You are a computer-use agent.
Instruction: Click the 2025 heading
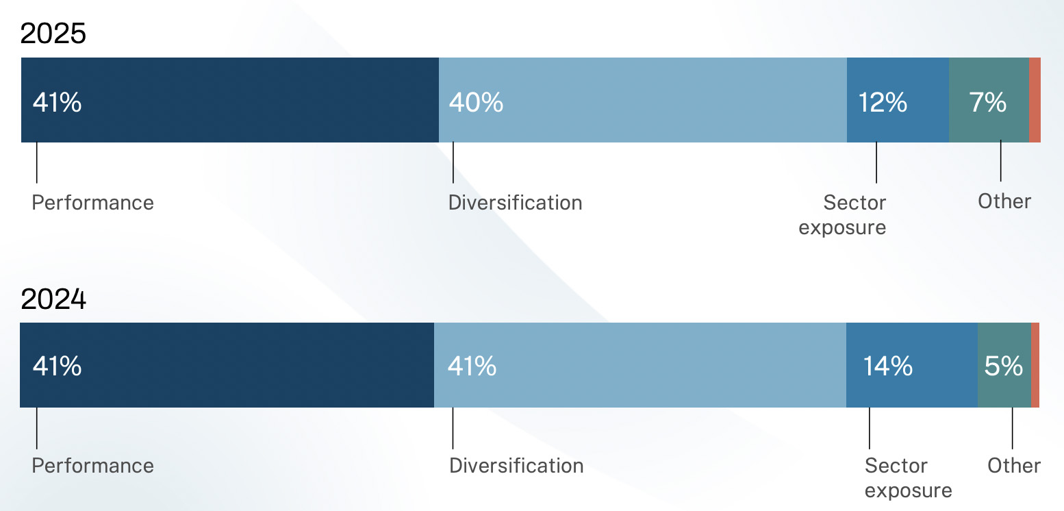coord(53,34)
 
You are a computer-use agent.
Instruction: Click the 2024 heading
coord(53,299)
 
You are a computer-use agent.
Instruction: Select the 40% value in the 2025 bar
coord(476,102)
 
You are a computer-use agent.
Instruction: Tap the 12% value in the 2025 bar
coord(883,102)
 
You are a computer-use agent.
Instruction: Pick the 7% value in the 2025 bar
coord(987,102)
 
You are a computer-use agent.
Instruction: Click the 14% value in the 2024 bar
coord(888,366)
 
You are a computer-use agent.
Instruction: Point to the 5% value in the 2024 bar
coord(1003,366)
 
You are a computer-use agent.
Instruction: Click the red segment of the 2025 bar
coord(1035,100)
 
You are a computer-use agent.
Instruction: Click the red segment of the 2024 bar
coord(1035,365)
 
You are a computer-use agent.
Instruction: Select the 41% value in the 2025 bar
coord(57,102)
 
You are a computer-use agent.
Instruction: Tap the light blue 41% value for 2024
coord(472,366)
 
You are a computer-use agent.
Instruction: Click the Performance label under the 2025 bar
coord(92,203)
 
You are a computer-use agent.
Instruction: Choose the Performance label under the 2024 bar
coord(92,466)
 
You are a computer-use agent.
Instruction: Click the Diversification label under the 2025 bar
coord(516,203)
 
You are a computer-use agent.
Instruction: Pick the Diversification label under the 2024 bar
coord(516,466)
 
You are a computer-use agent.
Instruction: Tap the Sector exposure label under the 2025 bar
coord(842,215)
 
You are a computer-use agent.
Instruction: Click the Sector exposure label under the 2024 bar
coord(908,477)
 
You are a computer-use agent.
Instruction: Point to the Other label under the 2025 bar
coord(1004,201)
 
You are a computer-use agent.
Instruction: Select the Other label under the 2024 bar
coord(1013,466)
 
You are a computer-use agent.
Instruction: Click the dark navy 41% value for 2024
coord(57,366)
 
